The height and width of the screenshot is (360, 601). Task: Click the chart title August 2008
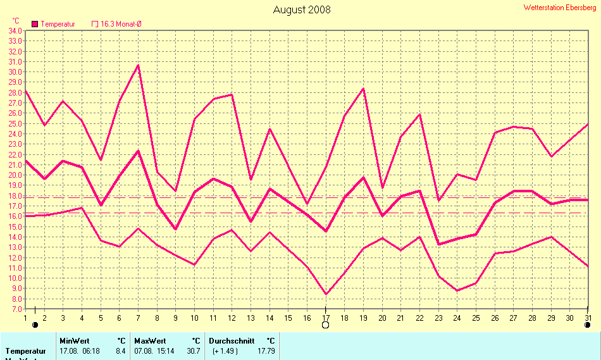click(x=302, y=9)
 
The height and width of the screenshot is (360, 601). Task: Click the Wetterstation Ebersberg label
click(x=560, y=8)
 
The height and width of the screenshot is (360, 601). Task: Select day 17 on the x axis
click(x=326, y=318)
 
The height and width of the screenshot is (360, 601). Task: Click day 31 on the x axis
click(x=588, y=318)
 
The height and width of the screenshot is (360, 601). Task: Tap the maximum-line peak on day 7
click(x=138, y=65)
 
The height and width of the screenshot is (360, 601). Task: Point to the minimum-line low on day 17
click(x=326, y=294)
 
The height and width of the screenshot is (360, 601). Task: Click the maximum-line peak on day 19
click(x=363, y=89)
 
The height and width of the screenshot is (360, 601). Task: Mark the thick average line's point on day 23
click(x=438, y=244)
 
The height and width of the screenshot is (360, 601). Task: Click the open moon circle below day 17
click(x=326, y=325)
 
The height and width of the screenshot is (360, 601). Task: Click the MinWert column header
click(x=75, y=341)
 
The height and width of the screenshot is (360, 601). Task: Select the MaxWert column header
click(x=150, y=341)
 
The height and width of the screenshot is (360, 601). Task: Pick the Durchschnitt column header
click(x=232, y=341)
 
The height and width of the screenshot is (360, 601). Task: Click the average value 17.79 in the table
click(x=266, y=351)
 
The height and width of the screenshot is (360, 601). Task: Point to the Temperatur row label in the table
click(x=26, y=351)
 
